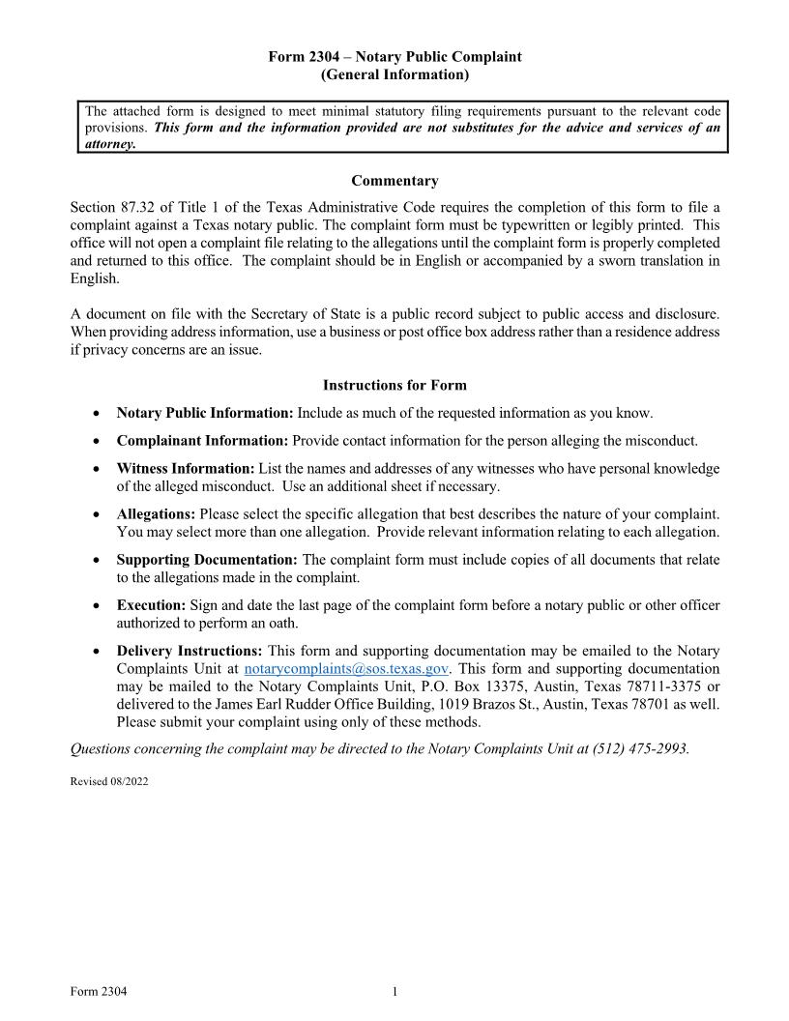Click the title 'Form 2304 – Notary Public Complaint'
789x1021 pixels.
394,57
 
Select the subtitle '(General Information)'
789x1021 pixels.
394,74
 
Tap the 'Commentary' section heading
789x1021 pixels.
394,181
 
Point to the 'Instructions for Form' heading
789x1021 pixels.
394,385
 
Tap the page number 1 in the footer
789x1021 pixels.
394,991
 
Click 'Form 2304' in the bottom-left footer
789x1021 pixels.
99,991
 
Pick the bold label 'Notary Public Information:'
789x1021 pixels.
204,413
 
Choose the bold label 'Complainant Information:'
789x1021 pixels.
202,441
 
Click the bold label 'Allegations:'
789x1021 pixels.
156,514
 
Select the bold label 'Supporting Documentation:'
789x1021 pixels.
207,560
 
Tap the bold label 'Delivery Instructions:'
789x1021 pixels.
190,651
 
